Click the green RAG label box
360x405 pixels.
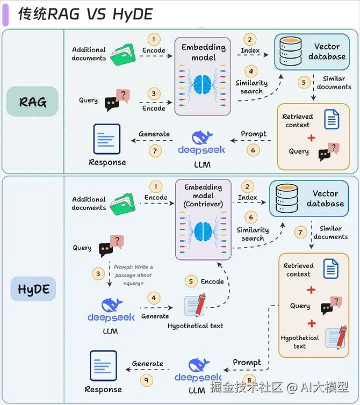(32, 101)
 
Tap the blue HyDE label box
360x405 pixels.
(33, 289)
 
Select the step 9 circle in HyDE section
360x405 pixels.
(146, 380)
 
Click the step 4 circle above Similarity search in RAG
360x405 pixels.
(251, 71)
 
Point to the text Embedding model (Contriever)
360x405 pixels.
(203, 195)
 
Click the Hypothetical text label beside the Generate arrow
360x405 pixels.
(195, 325)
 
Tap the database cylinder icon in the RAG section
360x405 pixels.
(290, 51)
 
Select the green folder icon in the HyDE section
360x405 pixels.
(122, 204)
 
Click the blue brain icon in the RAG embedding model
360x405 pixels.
(203, 84)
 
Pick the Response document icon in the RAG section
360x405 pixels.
(107, 138)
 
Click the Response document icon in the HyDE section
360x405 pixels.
(103, 365)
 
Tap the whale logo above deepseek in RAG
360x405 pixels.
(202, 137)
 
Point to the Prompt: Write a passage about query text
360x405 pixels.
(133, 275)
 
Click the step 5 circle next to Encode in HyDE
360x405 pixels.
(191, 281)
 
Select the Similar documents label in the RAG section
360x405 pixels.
(334, 82)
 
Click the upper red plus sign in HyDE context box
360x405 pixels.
(311, 290)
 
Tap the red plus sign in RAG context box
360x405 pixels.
(311, 138)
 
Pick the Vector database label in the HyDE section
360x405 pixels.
(325, 198)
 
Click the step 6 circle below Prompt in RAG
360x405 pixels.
(253, 150)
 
